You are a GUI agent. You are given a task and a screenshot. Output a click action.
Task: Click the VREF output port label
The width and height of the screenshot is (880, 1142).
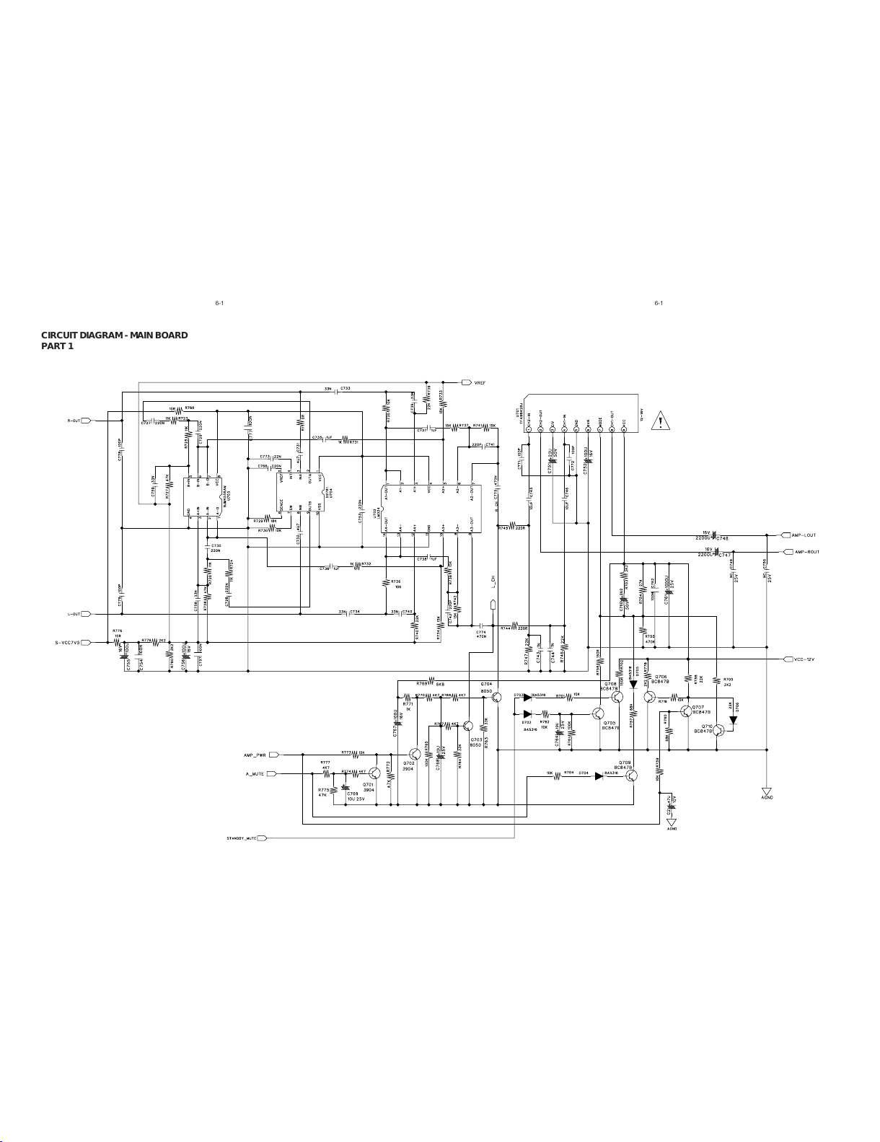point(480,382)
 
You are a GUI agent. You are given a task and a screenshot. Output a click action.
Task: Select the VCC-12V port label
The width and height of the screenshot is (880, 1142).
point(804,659)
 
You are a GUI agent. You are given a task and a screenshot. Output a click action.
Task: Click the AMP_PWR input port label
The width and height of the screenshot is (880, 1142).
point(255,755)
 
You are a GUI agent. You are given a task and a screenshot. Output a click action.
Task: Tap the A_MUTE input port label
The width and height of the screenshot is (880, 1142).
point(255,773)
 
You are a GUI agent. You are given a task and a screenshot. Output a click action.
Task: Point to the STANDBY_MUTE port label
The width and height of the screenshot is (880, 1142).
point(241,838)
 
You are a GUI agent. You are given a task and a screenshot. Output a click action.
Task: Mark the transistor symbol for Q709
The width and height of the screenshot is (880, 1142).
point(632,776)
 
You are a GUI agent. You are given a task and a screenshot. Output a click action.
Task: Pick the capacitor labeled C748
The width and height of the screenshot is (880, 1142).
point(714,536)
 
